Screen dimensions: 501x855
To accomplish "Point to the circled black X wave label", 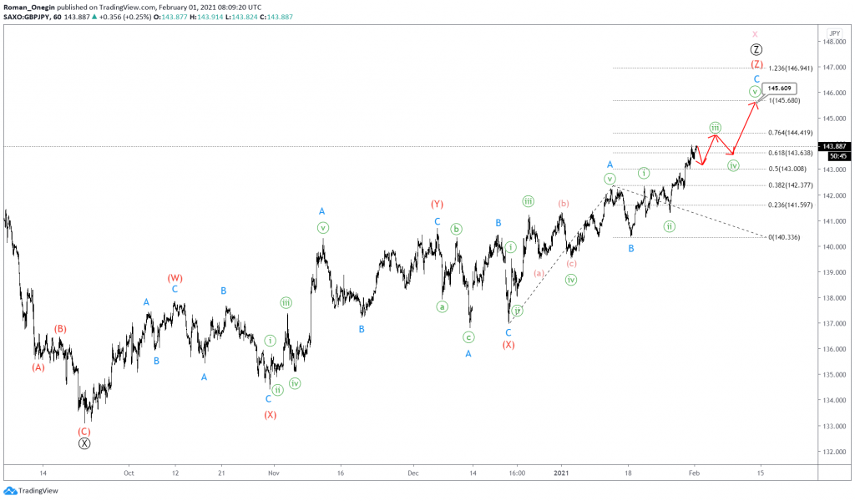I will coord(84,443).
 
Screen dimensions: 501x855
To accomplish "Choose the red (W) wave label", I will coord(175,278).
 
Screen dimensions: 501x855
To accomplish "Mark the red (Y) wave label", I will coord(437,205).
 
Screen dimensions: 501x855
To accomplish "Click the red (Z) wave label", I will coord(756,64).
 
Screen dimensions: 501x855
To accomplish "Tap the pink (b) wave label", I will coord(564,203).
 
